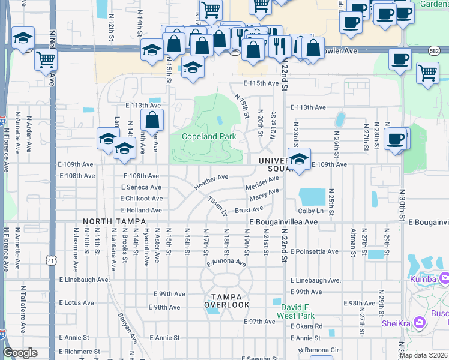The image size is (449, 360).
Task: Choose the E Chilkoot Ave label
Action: click(x=142, y=199)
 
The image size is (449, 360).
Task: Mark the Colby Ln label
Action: click(x=310, y=211)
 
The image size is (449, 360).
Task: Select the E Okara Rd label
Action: click(x=306, y=326)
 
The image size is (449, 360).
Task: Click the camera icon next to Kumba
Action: click(x=444, y=278)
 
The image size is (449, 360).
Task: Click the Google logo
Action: click(x=20, y=353)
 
